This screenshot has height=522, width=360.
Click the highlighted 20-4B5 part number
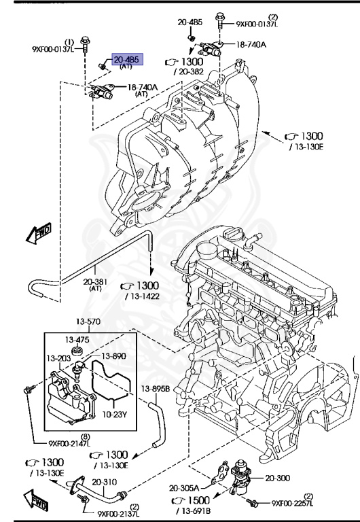(x=126, y=60)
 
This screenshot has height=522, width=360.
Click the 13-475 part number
(x=77, y=339)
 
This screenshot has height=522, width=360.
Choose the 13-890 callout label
(x=113, y=355)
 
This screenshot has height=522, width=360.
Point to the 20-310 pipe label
(x=105, y=482)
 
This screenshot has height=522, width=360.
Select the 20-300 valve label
(x=278, y=478)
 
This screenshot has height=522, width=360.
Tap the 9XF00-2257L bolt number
(x=300, y=503)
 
